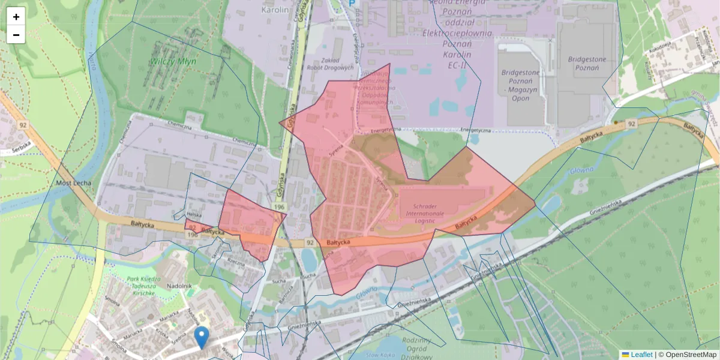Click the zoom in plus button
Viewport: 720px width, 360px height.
16,17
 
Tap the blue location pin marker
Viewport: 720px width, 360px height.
202,337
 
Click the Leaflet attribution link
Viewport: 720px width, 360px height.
641,355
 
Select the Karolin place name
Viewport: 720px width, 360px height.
275,10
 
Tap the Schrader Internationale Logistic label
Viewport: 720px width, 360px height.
424,212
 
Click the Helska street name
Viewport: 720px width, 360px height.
194,214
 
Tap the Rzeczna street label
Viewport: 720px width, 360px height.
236,262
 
